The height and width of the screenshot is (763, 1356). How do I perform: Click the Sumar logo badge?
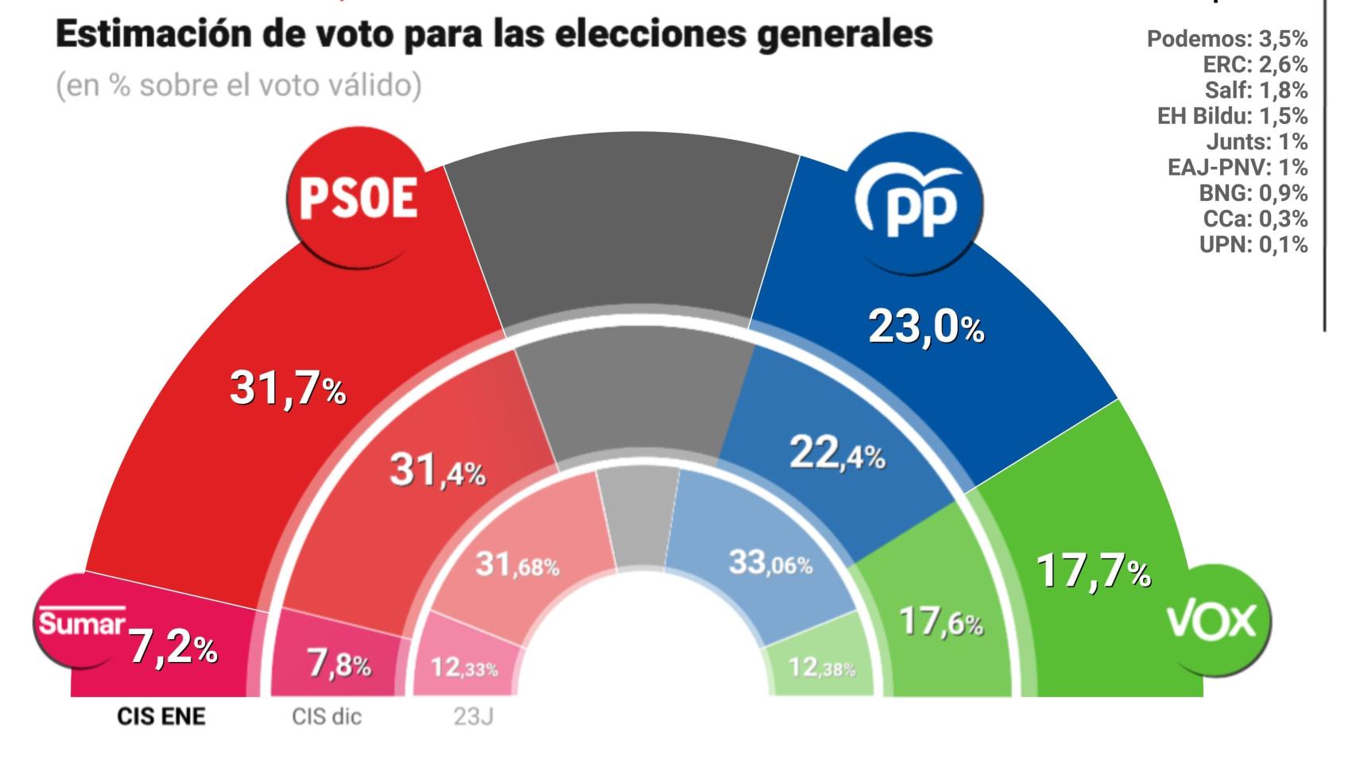81,622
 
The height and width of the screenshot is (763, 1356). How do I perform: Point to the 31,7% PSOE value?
288,389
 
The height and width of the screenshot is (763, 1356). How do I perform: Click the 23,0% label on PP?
926,327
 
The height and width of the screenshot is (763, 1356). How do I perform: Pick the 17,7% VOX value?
1093,571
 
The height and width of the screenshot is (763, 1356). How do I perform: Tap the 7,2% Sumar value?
173,648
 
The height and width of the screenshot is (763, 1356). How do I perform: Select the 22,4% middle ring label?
837,455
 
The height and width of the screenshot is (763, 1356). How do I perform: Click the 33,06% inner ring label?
770,564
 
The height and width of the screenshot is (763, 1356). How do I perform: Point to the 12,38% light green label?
822,668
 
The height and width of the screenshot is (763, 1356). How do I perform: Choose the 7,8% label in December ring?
339,664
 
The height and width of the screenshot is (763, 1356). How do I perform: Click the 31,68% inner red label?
517,565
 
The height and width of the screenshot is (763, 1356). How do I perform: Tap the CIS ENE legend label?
161,717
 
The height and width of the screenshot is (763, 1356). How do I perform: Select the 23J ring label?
473,717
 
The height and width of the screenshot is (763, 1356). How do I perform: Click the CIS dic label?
326,717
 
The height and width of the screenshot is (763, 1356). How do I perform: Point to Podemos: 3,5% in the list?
1226,39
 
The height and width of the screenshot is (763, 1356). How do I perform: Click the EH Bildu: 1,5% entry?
1231,116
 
